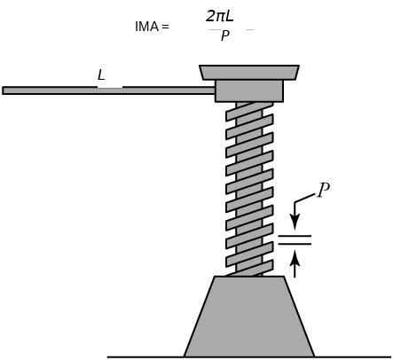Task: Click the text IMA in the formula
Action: pos(146,27)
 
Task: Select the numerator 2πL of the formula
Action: pos(220,16)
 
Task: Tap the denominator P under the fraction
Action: pos(225,35)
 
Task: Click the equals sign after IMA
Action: pos(165,27)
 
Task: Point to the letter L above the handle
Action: pos(101,75)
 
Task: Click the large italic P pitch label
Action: pos(323,190)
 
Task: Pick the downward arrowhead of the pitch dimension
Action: pos(295,222)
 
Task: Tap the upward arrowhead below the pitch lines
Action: pos(295,257)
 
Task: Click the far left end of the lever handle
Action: pos(3,90)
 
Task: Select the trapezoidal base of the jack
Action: pos(249,317)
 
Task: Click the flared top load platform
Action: pos(249,73)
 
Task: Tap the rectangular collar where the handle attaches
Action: pos(249,91)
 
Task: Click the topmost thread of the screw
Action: pos(249,111)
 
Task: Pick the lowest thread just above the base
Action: pos(249,268)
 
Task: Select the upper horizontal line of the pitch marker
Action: pos(295,236)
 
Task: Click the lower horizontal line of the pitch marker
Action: pos(295,244)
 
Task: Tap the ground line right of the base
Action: pos(353,357)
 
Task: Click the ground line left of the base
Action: pos(145,357)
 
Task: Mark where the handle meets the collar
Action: pos(215,90)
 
